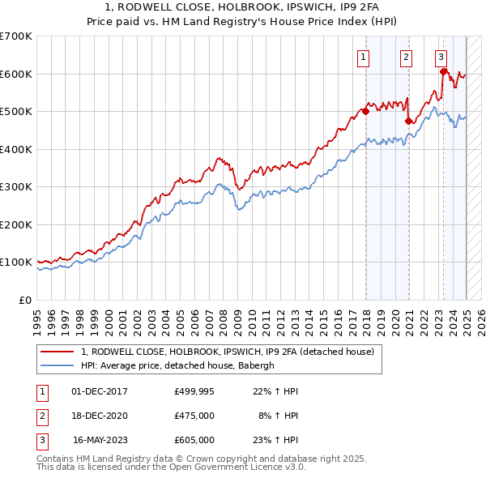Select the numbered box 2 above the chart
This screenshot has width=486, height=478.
[405, 57]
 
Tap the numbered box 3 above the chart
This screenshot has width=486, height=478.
[441, 57]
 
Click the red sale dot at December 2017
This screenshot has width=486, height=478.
[365, 112]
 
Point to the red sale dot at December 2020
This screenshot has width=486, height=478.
[408, 122]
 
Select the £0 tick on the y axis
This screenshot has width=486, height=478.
[26, 300]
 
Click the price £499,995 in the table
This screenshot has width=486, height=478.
[194, 391]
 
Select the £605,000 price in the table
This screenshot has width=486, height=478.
[194, 440]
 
